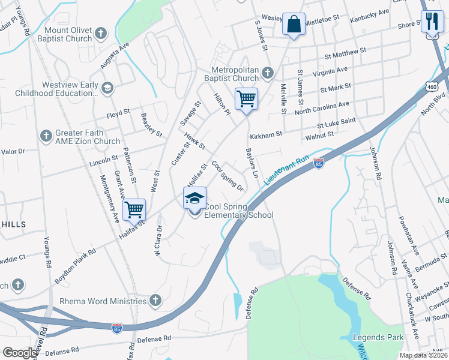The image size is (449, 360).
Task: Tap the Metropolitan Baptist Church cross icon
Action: [268, 74]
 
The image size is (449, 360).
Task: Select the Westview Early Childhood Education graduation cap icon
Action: [107, 89]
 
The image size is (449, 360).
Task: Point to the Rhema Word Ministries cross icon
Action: [155, 300]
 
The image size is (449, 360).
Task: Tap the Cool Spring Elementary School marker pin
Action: [194, 199]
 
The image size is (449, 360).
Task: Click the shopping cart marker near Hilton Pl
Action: [246, 98]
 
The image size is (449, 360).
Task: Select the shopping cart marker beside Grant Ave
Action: [134, 210]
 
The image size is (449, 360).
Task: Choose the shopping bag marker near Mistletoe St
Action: [294, 25]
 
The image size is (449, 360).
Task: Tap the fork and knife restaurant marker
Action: [432, 22]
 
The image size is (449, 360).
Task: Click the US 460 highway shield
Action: [432, 87]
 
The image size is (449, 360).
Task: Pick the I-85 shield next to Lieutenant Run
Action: [319, 163]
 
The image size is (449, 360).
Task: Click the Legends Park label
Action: [378, 337]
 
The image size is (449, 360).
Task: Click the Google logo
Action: [20, 353]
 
